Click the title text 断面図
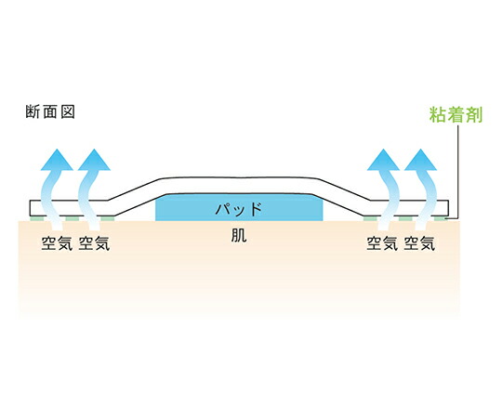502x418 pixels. click(x=50, y=112)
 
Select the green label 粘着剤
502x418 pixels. click(x=456, y=114)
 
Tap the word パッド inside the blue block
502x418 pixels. click(x=239, y=210)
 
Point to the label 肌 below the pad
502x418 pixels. click(x=239, y=236)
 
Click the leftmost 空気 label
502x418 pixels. click(x=57, y=243)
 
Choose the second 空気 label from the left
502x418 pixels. click(x=94, y=243)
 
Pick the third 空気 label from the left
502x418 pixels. click(x=382, y=243)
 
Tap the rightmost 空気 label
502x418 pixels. click(x=419, y=243)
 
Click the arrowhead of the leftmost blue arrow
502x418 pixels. click(x=57, y=161)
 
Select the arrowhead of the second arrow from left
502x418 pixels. click(x=94, y=161)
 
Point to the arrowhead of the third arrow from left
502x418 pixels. click(x=383, y=161)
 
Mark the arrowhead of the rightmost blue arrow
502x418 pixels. click(x=420, y=161)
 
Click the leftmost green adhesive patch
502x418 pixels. click(x=36, y=218)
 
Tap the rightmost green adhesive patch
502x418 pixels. click(x=440, y=218)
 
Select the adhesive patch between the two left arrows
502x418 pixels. click(x=73, y=218)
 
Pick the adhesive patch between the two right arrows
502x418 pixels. click(x=405, y=218)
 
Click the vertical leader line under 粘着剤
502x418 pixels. click(x=458, y=172)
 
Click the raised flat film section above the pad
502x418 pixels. click(x=239, y=185)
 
